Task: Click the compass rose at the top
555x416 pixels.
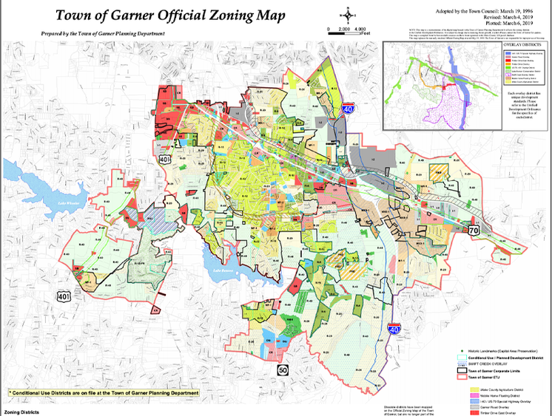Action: tap(345, 13)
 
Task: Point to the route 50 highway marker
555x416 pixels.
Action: tap(282, 369)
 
